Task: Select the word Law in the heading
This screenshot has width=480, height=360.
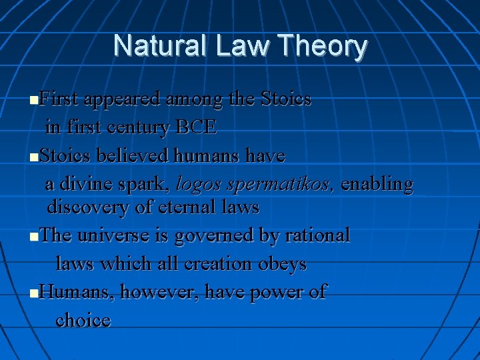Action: point(241,46)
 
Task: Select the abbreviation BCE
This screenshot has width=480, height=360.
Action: point(196,127)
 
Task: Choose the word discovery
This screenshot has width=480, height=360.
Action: point(88,207)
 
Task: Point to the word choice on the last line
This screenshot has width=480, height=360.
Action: point(83,321)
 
